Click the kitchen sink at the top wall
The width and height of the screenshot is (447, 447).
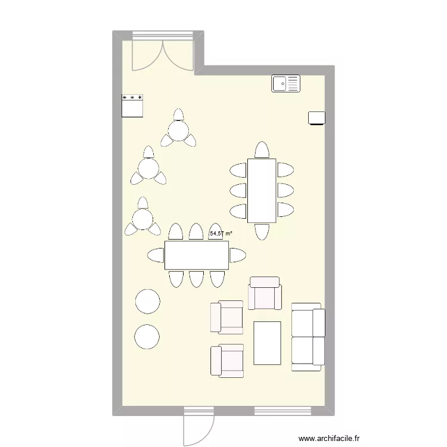coord(286,83)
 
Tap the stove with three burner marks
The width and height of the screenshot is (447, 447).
coord(132,105)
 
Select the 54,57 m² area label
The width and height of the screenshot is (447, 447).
coord(221,234)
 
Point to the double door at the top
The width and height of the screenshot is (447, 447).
coord(162,52)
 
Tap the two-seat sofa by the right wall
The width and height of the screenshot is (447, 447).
coord(308,336)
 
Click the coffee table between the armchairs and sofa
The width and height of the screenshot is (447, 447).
coord(267,343)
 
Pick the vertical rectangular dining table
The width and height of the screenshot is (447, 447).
coord(262,191)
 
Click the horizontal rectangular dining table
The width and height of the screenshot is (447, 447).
coord(197,255)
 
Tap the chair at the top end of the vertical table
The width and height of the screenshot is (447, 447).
coord(261,150)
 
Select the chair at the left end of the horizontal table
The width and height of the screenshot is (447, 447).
coord(156,255)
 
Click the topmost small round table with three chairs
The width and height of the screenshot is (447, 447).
coord(178,130)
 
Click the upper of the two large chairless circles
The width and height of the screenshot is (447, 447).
coord(147,301)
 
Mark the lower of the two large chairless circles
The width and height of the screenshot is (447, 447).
coord(147,337)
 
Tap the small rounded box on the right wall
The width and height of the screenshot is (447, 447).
coord(316,118)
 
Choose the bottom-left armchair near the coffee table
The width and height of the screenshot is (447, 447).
coord(227,361)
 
